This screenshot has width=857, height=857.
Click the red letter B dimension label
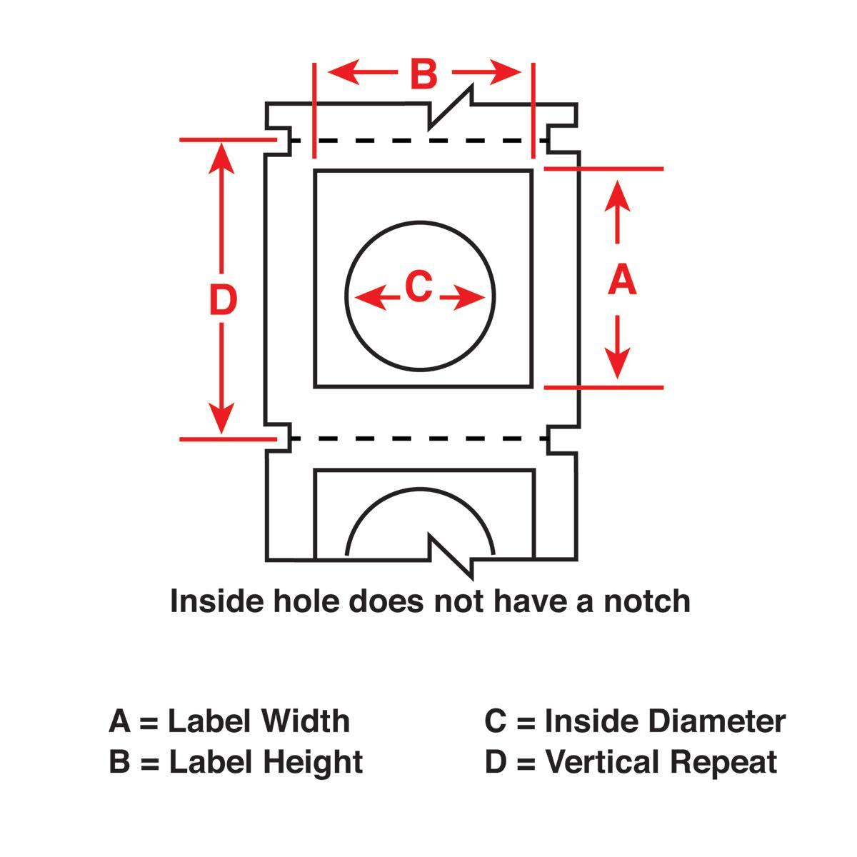pyautogui.click(x=424, y=74)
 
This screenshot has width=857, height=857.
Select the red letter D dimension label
pyautogui.click(x=223, y=300)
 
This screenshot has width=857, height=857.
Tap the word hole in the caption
pyautogui.click(x=307, y=601)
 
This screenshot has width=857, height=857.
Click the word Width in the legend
pyautogui.click(x=305, y=721)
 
